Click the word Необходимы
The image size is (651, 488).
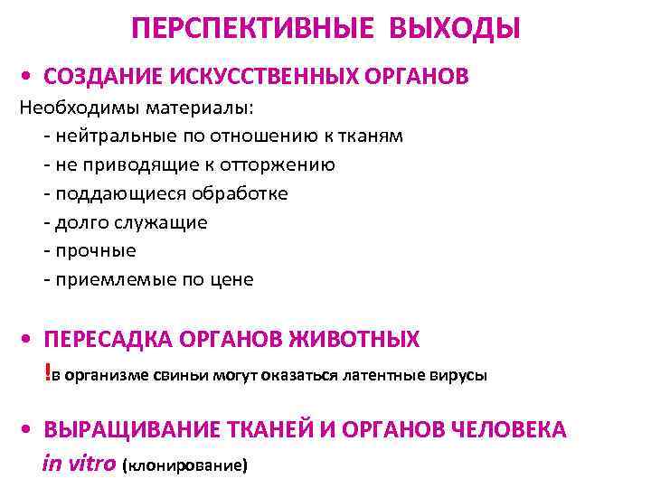click(74, 108)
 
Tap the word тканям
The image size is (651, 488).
click(371, 136)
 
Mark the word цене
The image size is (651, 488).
click(231, 279)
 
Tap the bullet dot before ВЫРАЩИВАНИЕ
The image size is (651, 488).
click(31, 431)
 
